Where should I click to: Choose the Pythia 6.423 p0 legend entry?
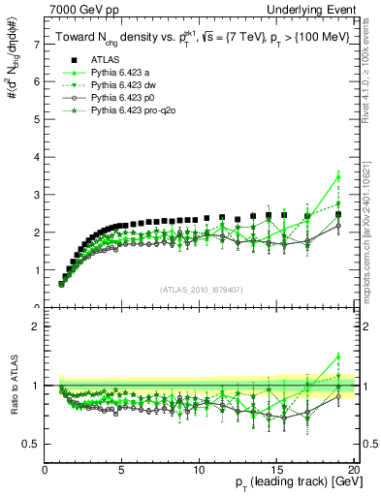click(x=123, y=99)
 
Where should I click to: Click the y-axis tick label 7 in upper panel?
click(x=36, y=45)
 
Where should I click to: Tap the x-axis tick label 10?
click(x=199, y=470)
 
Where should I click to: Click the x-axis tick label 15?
click(x=276, y=470)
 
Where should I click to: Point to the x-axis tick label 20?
click(x=353, y=470)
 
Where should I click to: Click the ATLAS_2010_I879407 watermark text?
click(x=200, y=290)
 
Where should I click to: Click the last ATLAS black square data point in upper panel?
click(x=337, y=215)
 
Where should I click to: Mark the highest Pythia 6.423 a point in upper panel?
click(x=337, y=175)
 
